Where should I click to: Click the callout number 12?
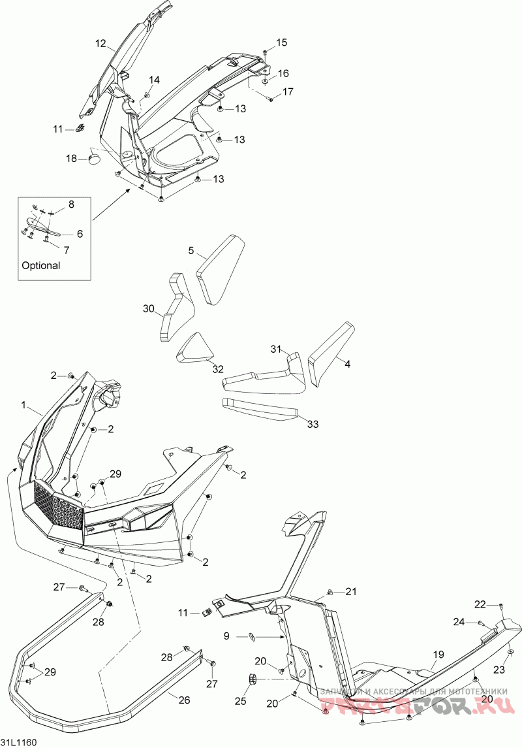point(100,44)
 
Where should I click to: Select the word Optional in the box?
point(41,266)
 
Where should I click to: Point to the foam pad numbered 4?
point(331,353)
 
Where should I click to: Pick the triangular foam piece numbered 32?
point(194,349)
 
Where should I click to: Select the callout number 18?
point(71,158)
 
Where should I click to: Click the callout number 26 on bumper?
point(184,700)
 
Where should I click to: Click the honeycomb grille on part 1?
point(59,504)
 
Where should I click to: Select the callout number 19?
point(438,654)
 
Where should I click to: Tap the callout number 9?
point(227,635)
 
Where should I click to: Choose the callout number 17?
point(288,92)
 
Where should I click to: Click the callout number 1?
point(24,406)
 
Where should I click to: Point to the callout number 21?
point(352,592)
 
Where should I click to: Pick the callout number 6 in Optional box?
point(80,233)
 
